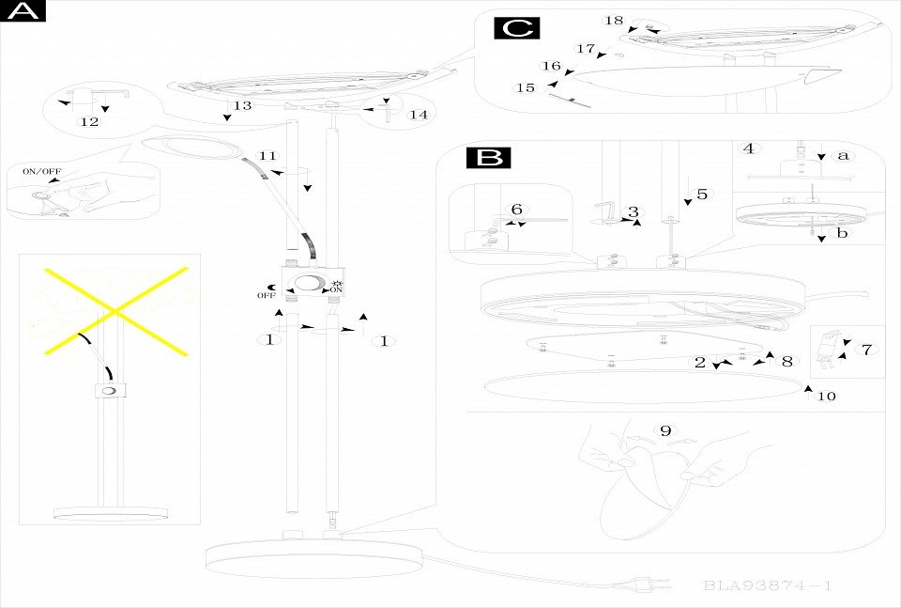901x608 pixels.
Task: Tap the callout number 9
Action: coord(665,430)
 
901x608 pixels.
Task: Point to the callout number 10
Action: coord(826,397)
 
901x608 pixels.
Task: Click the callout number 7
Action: coord(866,350)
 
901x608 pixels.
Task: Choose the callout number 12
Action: coord(89,122)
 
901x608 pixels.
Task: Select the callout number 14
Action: coord(419,115)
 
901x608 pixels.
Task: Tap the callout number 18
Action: coord(614,20)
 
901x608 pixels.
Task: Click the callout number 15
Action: coord(526,87)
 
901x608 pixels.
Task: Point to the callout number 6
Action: coord(515,209)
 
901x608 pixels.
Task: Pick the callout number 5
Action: coord(702,195)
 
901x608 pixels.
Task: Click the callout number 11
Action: coord(268,155)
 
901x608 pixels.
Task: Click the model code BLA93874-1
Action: coord(767,586)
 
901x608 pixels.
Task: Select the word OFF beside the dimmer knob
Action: coord(267,296)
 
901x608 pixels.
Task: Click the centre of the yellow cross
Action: coord(113,310)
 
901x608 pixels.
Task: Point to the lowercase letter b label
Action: coord(842,233)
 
